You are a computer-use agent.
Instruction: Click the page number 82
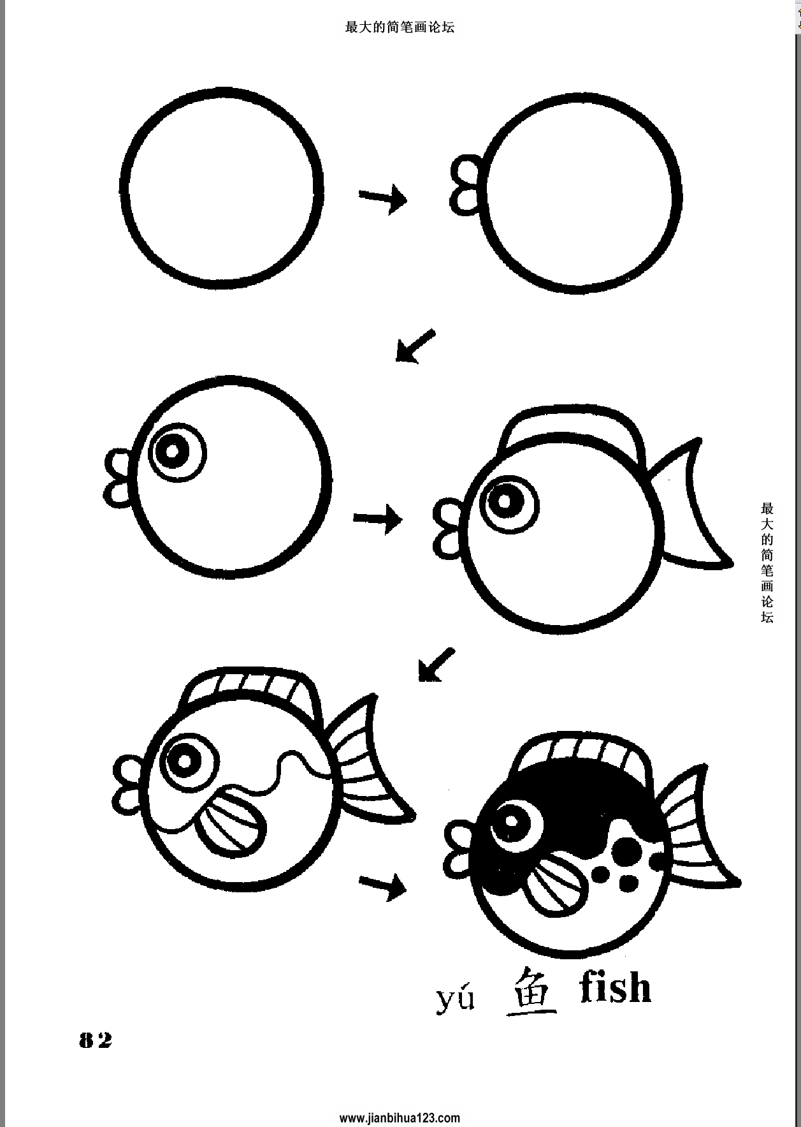[x=95, y=1040]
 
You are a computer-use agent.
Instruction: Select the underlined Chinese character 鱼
[x=531, y=991]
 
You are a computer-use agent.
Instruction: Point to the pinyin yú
[x=456, y=999]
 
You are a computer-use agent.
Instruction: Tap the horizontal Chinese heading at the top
[x=400, y=27]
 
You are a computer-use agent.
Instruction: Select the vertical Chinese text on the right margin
[x=767, y=563]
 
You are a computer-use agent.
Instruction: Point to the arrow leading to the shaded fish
[x=382, y=885]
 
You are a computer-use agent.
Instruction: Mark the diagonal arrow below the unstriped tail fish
[x=437, y=665]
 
